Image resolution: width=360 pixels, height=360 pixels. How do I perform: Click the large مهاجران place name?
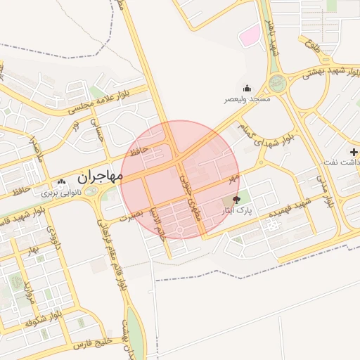click(98, 177)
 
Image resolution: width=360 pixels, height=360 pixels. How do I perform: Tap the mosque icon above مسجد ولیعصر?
click(247, 89)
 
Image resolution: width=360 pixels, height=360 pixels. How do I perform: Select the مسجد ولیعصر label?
click(247, 100)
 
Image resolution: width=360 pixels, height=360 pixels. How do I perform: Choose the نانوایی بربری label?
click(60, 191)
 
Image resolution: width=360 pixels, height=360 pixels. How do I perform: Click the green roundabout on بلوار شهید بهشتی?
click(279, 82)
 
